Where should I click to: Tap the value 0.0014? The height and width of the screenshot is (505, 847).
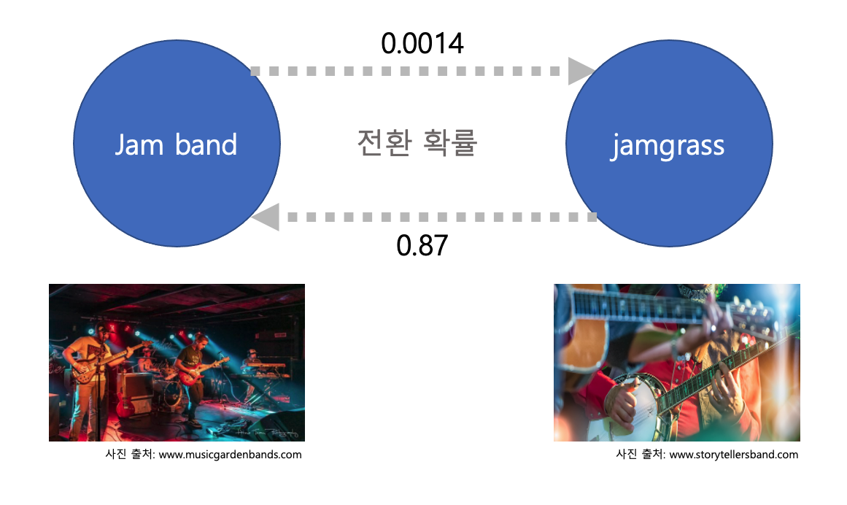coord(422,44)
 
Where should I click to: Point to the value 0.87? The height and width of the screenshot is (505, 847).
coord(422,245)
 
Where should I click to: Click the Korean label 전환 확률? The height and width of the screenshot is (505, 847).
coord(417,143)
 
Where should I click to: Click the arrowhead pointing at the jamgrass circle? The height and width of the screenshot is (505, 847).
coord(581,71)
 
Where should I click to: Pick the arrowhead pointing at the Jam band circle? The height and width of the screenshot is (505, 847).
coord(264,217)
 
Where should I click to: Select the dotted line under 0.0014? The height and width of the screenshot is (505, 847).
coord(409,72)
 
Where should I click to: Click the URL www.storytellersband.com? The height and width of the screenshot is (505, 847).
coord(734,455)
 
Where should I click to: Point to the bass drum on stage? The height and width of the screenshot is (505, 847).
coord(173,394)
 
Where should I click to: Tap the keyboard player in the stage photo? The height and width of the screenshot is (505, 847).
coord(252,359)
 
